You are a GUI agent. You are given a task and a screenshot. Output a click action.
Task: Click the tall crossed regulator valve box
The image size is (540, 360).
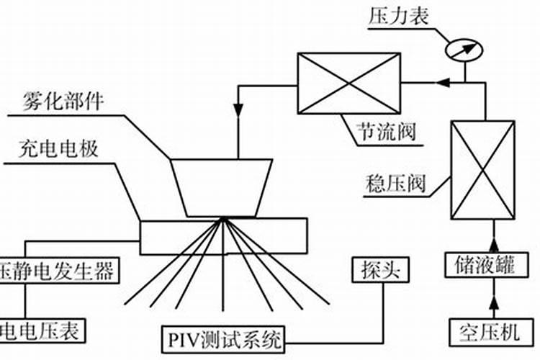pos(482,170)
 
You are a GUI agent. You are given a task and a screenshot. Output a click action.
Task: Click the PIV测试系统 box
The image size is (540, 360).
pos(223,338)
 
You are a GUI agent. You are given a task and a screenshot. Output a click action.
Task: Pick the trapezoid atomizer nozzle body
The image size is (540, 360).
pos(222,186)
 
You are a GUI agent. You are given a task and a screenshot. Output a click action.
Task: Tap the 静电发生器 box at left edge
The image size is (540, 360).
pos(58,271)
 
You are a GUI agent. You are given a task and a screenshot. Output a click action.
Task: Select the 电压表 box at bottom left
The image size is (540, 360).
pos(44,331)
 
